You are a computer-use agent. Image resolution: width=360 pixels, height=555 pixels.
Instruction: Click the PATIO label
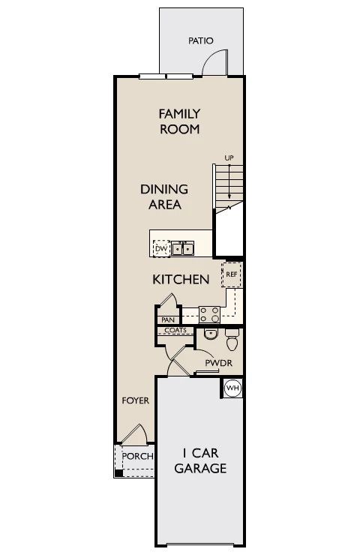pyautogui.click(x=200, y=40)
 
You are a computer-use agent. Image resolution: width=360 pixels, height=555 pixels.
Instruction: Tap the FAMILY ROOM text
pyautogui.click(x=179, y=121)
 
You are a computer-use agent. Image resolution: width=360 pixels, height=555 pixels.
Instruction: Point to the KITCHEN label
pyautogui.click(x=180, y=280)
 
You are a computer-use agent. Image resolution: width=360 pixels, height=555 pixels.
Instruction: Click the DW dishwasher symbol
pyautogui.click(x=160, y=247)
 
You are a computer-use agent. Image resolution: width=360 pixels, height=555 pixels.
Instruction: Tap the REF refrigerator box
pyautogui.click(x=232, y=274)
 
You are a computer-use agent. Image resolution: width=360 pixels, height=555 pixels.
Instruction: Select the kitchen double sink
pyautogui.click(x=183, y=248)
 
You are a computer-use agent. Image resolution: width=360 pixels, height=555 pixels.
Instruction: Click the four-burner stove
pyautogui.click(x=209, y=315)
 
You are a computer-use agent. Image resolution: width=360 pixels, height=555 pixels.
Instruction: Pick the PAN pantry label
pyautogui.click(x=166, y=319)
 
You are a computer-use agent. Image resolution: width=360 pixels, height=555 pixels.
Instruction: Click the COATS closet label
pyautogui.click(x=175, y=330)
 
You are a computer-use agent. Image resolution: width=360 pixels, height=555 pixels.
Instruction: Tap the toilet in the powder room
pyautogui.click(x=232, y=342)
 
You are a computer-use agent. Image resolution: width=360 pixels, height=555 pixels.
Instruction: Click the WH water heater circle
pyautogui.click(x=232, y=388)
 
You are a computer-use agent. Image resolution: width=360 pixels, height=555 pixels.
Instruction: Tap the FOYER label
pyautogui.click(x=136, y=400)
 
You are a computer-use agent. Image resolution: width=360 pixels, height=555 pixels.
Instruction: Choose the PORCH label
pyautogui.click(x=137, y=456)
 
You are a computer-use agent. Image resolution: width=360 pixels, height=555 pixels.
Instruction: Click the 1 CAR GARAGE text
pyautogui.click(x=200, y=460)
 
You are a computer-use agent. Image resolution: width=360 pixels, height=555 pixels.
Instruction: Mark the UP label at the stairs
pyautogui.click(x=229, y=157)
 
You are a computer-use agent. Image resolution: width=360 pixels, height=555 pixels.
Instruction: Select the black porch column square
pyautogui.click(x=118, y=473)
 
